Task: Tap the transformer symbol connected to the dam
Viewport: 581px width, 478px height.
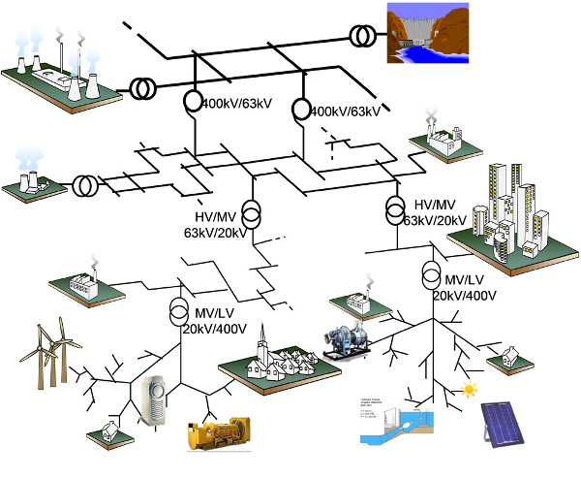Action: click(x=364, y=37)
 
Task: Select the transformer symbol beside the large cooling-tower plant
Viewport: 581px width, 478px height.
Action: click(x=141, y=90)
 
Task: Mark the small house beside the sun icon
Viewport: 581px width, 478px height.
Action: click(x=505, y=362)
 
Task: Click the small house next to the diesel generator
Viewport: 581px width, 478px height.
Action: click(x=110, y=430)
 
